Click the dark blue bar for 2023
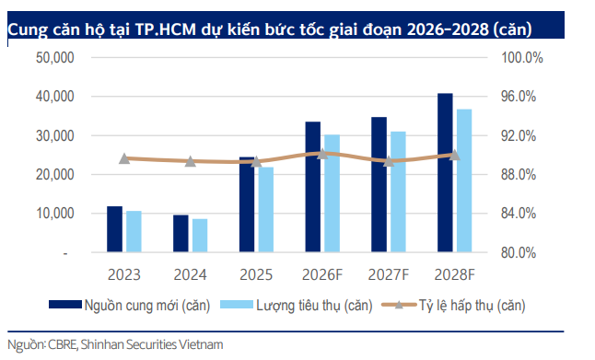[114, 229]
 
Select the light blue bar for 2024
[200, 236]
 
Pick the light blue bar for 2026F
[332, 193]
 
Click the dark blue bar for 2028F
[445, 173]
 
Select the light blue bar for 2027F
[398, 192]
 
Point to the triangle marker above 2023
[124, 158]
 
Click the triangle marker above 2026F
[322, 154]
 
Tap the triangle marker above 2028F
[454, 155]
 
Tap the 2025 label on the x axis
[256, 273]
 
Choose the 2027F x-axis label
[389, 273]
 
